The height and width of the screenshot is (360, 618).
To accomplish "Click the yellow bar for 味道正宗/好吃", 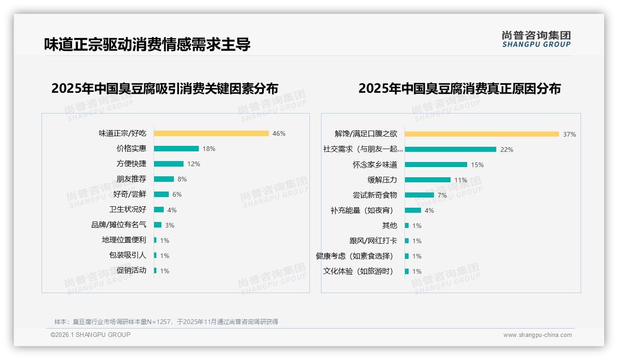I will point(211,133).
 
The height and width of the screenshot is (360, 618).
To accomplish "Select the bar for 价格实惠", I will point(176,149).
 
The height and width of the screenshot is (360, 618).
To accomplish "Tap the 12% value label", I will point(194,164).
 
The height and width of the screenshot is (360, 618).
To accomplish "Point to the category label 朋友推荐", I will point(131,179).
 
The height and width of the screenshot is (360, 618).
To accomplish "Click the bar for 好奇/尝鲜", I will point(161,194).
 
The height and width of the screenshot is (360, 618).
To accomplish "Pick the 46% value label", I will point(279,133).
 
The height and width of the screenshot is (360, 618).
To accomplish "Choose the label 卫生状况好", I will point(128,210).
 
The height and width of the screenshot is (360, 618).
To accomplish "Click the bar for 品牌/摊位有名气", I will point(158,225).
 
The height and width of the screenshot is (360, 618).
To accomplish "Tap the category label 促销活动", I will point(131,270).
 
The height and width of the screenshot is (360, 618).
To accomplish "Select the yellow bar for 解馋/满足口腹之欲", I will point(482,134).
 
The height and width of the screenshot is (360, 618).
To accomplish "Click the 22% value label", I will point(507,150).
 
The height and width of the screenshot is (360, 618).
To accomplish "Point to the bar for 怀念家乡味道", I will point(436,165).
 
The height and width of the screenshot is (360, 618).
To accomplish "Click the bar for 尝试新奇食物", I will point(419,195).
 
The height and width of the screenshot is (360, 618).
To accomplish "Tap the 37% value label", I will point(570,134).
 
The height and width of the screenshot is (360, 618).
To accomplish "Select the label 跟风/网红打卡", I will point(373,241).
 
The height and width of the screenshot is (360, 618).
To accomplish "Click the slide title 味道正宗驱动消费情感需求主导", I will point(147,44).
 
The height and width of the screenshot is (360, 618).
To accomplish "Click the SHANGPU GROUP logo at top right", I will point(536,39).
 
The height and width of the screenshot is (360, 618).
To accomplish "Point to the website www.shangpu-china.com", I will point(537,335).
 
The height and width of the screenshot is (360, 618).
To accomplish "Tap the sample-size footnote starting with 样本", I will point(166,322).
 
